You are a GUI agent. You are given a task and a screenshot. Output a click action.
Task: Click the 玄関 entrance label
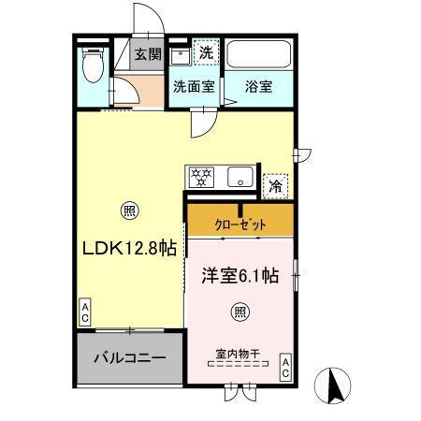point(147,54)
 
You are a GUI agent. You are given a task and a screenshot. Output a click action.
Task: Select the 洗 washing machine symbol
point(206,53)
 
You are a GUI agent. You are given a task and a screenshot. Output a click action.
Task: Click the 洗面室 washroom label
point(194,87)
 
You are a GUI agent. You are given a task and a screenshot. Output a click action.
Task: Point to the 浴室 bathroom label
point(258,87)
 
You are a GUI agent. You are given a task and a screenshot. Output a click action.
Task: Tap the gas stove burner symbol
point(200,175)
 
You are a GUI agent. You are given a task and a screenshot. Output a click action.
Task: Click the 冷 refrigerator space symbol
point(275,185)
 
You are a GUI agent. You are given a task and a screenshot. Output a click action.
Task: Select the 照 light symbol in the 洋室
point(240,312)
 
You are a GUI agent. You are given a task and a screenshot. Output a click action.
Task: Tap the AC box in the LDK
point(84,312)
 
